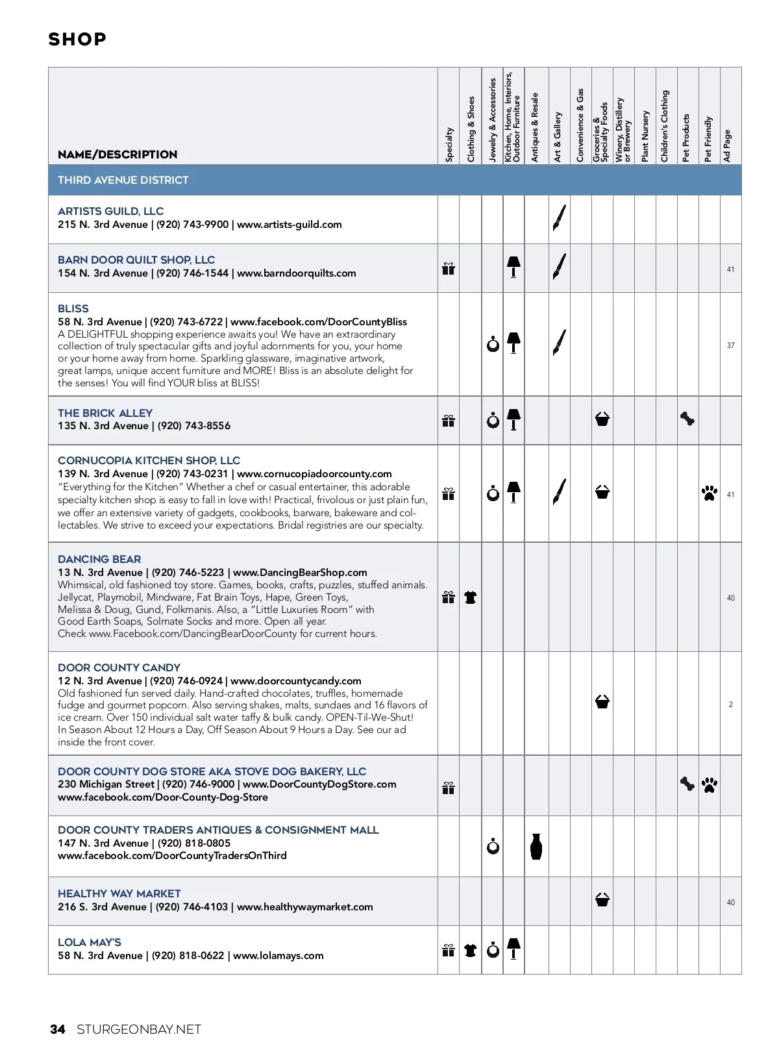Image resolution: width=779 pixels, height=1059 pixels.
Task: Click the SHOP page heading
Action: click(x=77, y=40)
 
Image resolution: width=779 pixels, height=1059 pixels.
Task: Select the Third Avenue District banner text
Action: click(x=123, y=180)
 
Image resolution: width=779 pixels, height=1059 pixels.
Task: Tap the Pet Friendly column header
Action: click(x=708, y=139)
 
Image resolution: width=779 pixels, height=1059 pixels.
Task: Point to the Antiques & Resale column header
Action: click(x=535, y=127)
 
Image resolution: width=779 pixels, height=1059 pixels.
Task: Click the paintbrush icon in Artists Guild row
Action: click(x=559, y=218)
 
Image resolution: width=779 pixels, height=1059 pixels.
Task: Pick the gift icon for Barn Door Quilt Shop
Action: click(x=449, y=268)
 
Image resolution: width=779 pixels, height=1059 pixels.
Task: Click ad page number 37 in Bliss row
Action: click(x=730, y=345)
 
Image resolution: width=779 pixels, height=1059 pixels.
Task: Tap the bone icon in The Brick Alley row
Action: click(x=687, y=419)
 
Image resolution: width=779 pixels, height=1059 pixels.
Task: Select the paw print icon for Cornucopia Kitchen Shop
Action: click(x=710, y=493)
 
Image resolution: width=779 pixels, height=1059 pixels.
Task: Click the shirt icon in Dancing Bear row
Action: click(x=471, y=597)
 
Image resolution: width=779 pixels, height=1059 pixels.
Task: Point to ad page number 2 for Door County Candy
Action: click(x=730, y=704)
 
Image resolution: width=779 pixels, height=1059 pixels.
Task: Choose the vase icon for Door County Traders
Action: click(x=536, y=846)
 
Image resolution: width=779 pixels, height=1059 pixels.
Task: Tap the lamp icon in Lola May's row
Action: click(x=513, y=949)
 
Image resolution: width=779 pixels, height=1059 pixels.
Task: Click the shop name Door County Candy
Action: click(x=119, y=667)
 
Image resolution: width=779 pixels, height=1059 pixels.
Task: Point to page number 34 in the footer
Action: click(x=58, y=1029)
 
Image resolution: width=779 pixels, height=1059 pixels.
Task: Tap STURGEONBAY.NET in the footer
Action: click(x=139, y=1029)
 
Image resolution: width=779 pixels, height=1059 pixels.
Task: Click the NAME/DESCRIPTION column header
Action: click(x=117, y=155)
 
